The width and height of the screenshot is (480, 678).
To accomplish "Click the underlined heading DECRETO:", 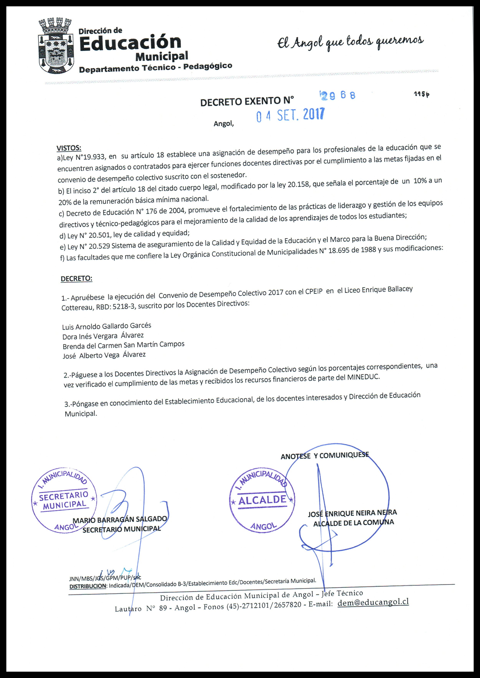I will tap(76, 279).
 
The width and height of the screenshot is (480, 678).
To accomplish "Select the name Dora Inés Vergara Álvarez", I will tap(103, 336).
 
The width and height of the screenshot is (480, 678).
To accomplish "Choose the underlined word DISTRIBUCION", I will tap(88, 586).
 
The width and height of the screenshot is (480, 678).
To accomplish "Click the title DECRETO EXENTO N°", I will tap(247, 101).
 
